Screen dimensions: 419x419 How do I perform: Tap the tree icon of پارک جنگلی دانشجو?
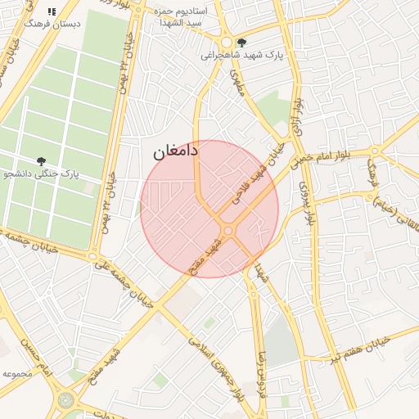[x=41, y=161]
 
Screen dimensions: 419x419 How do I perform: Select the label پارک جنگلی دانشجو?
[x=41, y=174]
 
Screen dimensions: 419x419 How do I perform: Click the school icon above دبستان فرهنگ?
[x=52, y=12]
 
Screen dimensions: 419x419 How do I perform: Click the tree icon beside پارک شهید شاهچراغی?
[x=241, y=42]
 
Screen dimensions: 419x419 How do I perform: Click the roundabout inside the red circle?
[x=228, y=232]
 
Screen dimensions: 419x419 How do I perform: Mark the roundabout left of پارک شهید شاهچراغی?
[x=226, y=42]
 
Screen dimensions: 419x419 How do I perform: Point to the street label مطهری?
[x=240, y=84]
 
